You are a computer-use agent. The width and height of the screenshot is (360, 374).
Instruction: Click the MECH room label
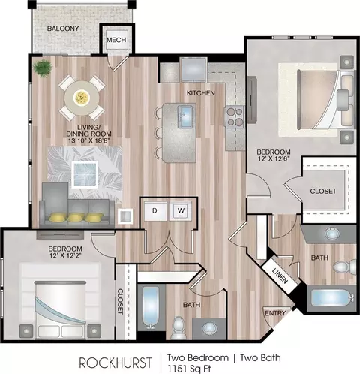[x=116, y=40]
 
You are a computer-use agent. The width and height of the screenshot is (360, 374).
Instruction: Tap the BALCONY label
[x=63, y=29]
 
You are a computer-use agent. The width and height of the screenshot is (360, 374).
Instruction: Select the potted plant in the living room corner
[x=43, y=68]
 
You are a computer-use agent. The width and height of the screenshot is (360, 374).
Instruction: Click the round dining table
[x=82, y=98]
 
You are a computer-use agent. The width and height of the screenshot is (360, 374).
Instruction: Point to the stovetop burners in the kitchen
[x=235, y=117]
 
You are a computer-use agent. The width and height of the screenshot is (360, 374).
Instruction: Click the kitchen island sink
[x=185, y=116]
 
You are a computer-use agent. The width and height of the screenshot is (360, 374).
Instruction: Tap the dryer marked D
[x=155, y=211]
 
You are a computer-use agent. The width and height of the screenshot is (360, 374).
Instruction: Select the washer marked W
[x=181, y=210]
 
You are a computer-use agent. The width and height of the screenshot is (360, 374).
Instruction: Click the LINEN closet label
[x=280, y=276]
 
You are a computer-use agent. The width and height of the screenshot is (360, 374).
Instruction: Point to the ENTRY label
[x=275, y=313]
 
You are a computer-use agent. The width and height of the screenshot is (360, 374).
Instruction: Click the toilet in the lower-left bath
[x=178, y=327]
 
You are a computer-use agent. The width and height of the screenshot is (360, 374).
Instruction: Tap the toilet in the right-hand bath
[x=345, y=267]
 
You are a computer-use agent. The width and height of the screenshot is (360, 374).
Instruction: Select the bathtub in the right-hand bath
[x=331, y=297]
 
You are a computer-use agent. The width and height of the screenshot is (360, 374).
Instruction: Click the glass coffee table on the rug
[x=85, y=173]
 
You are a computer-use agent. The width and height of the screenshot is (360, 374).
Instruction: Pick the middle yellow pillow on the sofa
[x=76, y=217]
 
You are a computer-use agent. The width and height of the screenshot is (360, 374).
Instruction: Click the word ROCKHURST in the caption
[x=115, y=363]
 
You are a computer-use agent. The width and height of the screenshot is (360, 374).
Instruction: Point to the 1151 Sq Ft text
[x=189, y=369]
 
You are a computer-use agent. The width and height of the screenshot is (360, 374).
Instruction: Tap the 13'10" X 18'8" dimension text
[x=89, y=140]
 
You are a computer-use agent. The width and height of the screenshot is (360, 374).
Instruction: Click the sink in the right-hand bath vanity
[x=332, y=234]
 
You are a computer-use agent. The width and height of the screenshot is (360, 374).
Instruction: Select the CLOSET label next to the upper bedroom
[x=323, y=191]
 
